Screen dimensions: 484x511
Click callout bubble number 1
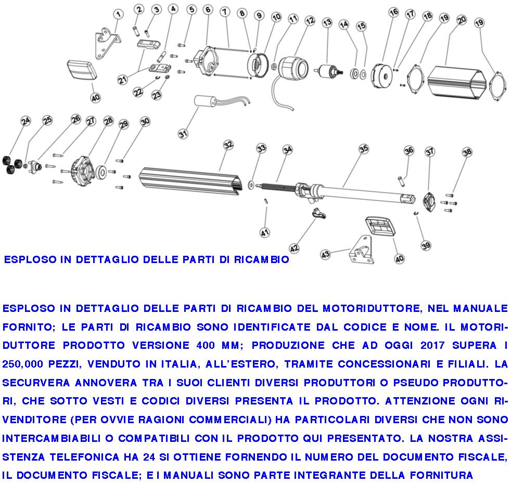(x=118, y=14)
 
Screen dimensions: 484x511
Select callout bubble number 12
(x=310, y=21)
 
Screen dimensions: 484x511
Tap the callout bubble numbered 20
(x=461, y=20)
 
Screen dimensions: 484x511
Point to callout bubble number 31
(x=183, y=134)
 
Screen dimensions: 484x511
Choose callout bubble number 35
(x=363, y=149)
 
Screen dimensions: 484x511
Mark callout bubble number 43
(x=326, y=254)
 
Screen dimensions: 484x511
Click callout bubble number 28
(x=108, y=121)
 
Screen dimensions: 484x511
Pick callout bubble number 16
(x=393, y=12)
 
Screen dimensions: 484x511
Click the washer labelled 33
(x=252, y=184)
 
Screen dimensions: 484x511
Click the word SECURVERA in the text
(x=35, y=383)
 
